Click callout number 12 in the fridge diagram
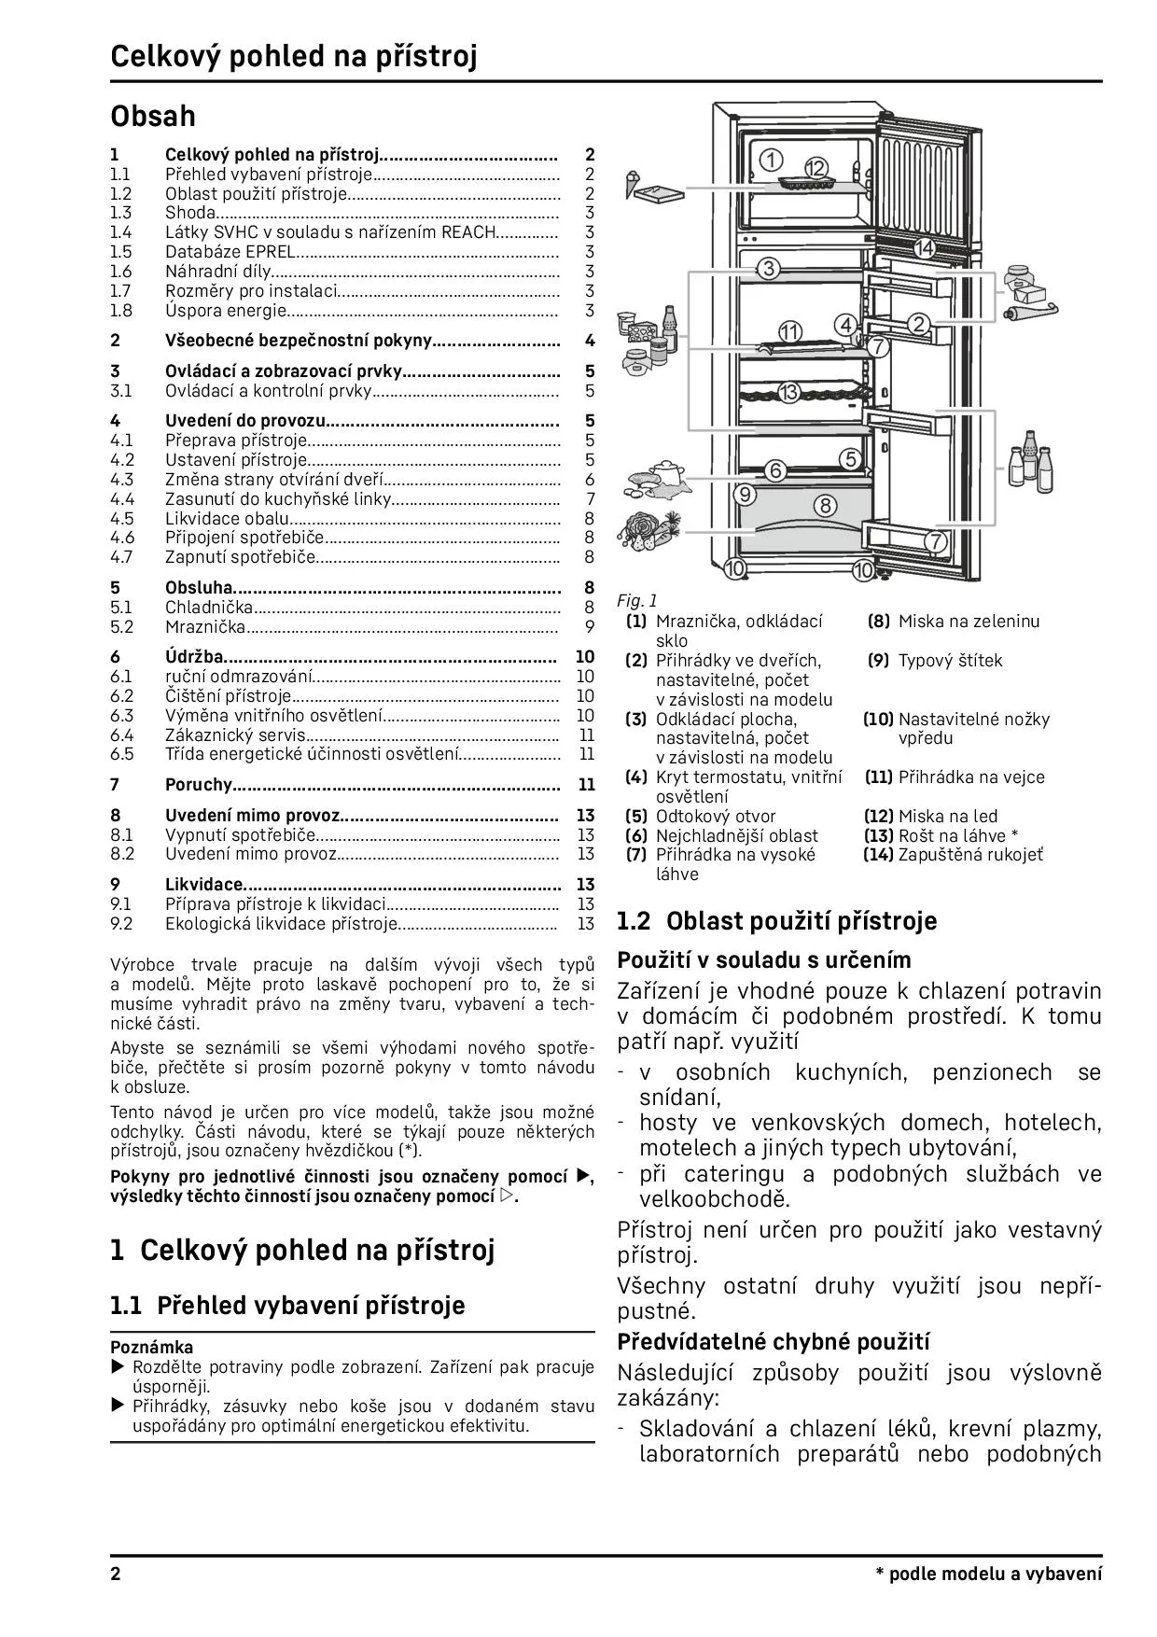[816, 168]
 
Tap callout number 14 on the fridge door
[924, 248]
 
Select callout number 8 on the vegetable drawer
[825, 506]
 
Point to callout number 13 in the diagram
[789, 392]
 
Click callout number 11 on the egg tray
[789, 331]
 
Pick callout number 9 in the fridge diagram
[745, 494]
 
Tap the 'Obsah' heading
[153, 116]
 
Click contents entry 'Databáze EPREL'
[230, 252]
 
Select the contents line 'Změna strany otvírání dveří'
[274, 480]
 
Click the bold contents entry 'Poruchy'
[198, 785]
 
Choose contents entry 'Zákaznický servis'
[235, 735]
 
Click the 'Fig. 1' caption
[636, 601]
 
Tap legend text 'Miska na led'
[947, 817]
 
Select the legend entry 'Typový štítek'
[950, 661]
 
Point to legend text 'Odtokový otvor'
[716, 817]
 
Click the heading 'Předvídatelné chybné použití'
[774, 1342]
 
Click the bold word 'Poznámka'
[152, 1347]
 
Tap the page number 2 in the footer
[116, 1574]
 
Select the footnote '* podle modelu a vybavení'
[988, 1574]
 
